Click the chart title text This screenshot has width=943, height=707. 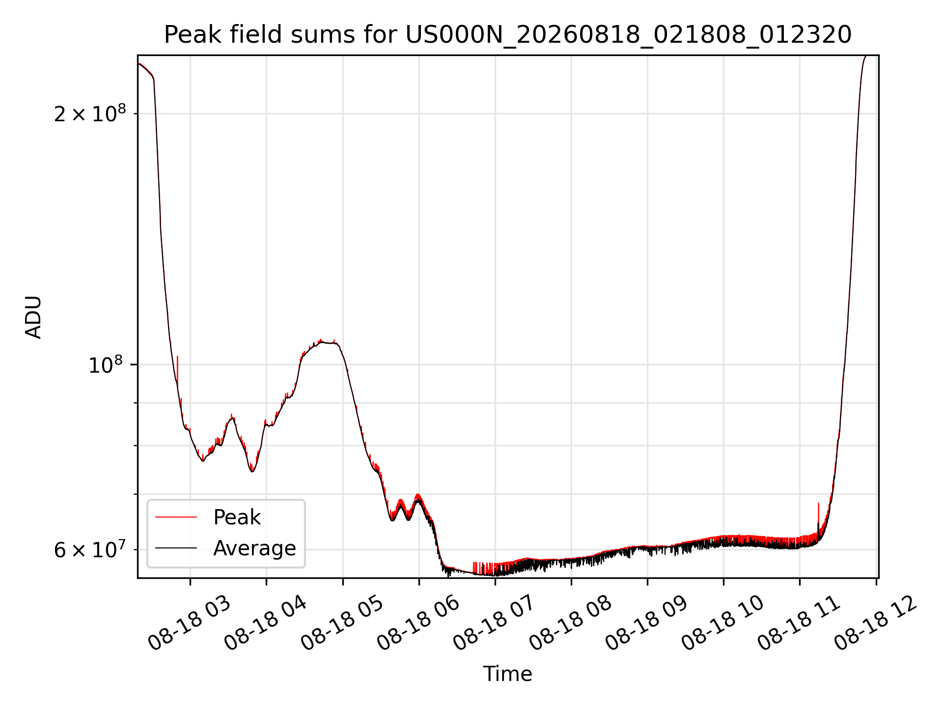507,35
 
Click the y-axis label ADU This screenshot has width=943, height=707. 33,317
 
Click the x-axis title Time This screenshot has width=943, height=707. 507,674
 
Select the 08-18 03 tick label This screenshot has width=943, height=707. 189,623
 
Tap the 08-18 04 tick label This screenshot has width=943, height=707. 265,623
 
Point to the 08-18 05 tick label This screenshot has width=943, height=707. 342,623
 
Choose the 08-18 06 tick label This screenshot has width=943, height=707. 418,623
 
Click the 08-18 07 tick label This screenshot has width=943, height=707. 494,623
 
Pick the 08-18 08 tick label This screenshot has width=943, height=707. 570,623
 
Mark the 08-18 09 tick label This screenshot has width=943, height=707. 646,623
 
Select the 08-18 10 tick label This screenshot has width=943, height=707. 722,623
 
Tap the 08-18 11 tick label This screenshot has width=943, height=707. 799,623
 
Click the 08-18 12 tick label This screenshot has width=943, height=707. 875,623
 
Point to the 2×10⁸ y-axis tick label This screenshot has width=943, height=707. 90,113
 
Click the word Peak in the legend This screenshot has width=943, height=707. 237,517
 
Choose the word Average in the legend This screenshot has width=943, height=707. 254,548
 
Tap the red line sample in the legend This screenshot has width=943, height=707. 176,517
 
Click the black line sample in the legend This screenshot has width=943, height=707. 176,548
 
